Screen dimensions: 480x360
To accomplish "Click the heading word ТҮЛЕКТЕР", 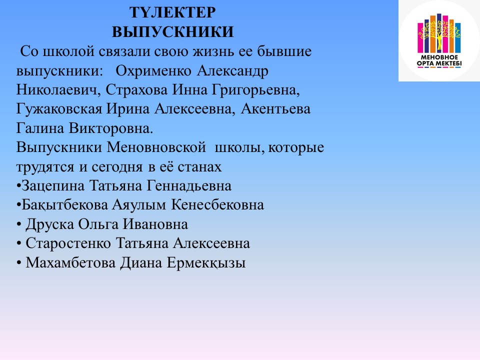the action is click(172, 12).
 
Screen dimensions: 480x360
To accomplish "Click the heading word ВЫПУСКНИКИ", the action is click(172, 32).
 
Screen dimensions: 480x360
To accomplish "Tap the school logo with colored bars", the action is click(439, 40).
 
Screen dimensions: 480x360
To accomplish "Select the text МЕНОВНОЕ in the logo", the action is click(439, 57).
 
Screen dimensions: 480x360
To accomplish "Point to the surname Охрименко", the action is click(153, 71).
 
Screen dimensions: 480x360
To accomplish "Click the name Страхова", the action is click(137, 90).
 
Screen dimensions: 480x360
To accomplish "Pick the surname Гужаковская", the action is click(59, 109).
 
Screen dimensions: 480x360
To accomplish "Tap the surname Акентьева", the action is click(275, 109).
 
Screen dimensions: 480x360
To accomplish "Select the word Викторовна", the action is click(110, 128).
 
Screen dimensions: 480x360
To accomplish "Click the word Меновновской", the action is click(156, 147).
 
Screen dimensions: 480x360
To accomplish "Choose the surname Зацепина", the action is click(53, 186).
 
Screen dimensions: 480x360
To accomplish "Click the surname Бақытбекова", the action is click(64, 205).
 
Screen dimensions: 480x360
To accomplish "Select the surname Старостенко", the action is click(68, 243).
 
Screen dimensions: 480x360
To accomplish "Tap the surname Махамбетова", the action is click(70, 263).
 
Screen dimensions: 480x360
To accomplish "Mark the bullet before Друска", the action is click(19, 225).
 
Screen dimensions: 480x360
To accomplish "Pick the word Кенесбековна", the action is click(217, 205).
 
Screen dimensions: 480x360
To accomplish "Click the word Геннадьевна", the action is click(189, 186).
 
